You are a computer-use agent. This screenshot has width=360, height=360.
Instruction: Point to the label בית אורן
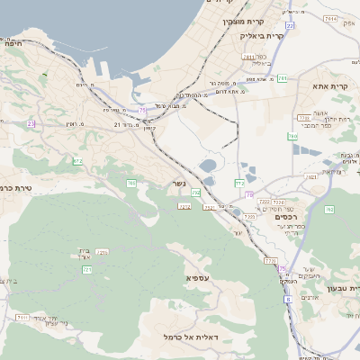click(x=80, y=254)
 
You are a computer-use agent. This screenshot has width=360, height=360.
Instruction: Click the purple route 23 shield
click(x=31, y=123)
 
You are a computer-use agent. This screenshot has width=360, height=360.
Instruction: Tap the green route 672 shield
click(x=77, y=162)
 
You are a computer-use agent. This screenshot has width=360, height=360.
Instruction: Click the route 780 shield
click(x=292, y=137)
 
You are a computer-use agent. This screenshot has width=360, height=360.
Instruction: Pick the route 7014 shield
click(x=330, y=18)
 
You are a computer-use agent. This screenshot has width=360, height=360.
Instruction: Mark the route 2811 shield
click(x=247, y=57)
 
